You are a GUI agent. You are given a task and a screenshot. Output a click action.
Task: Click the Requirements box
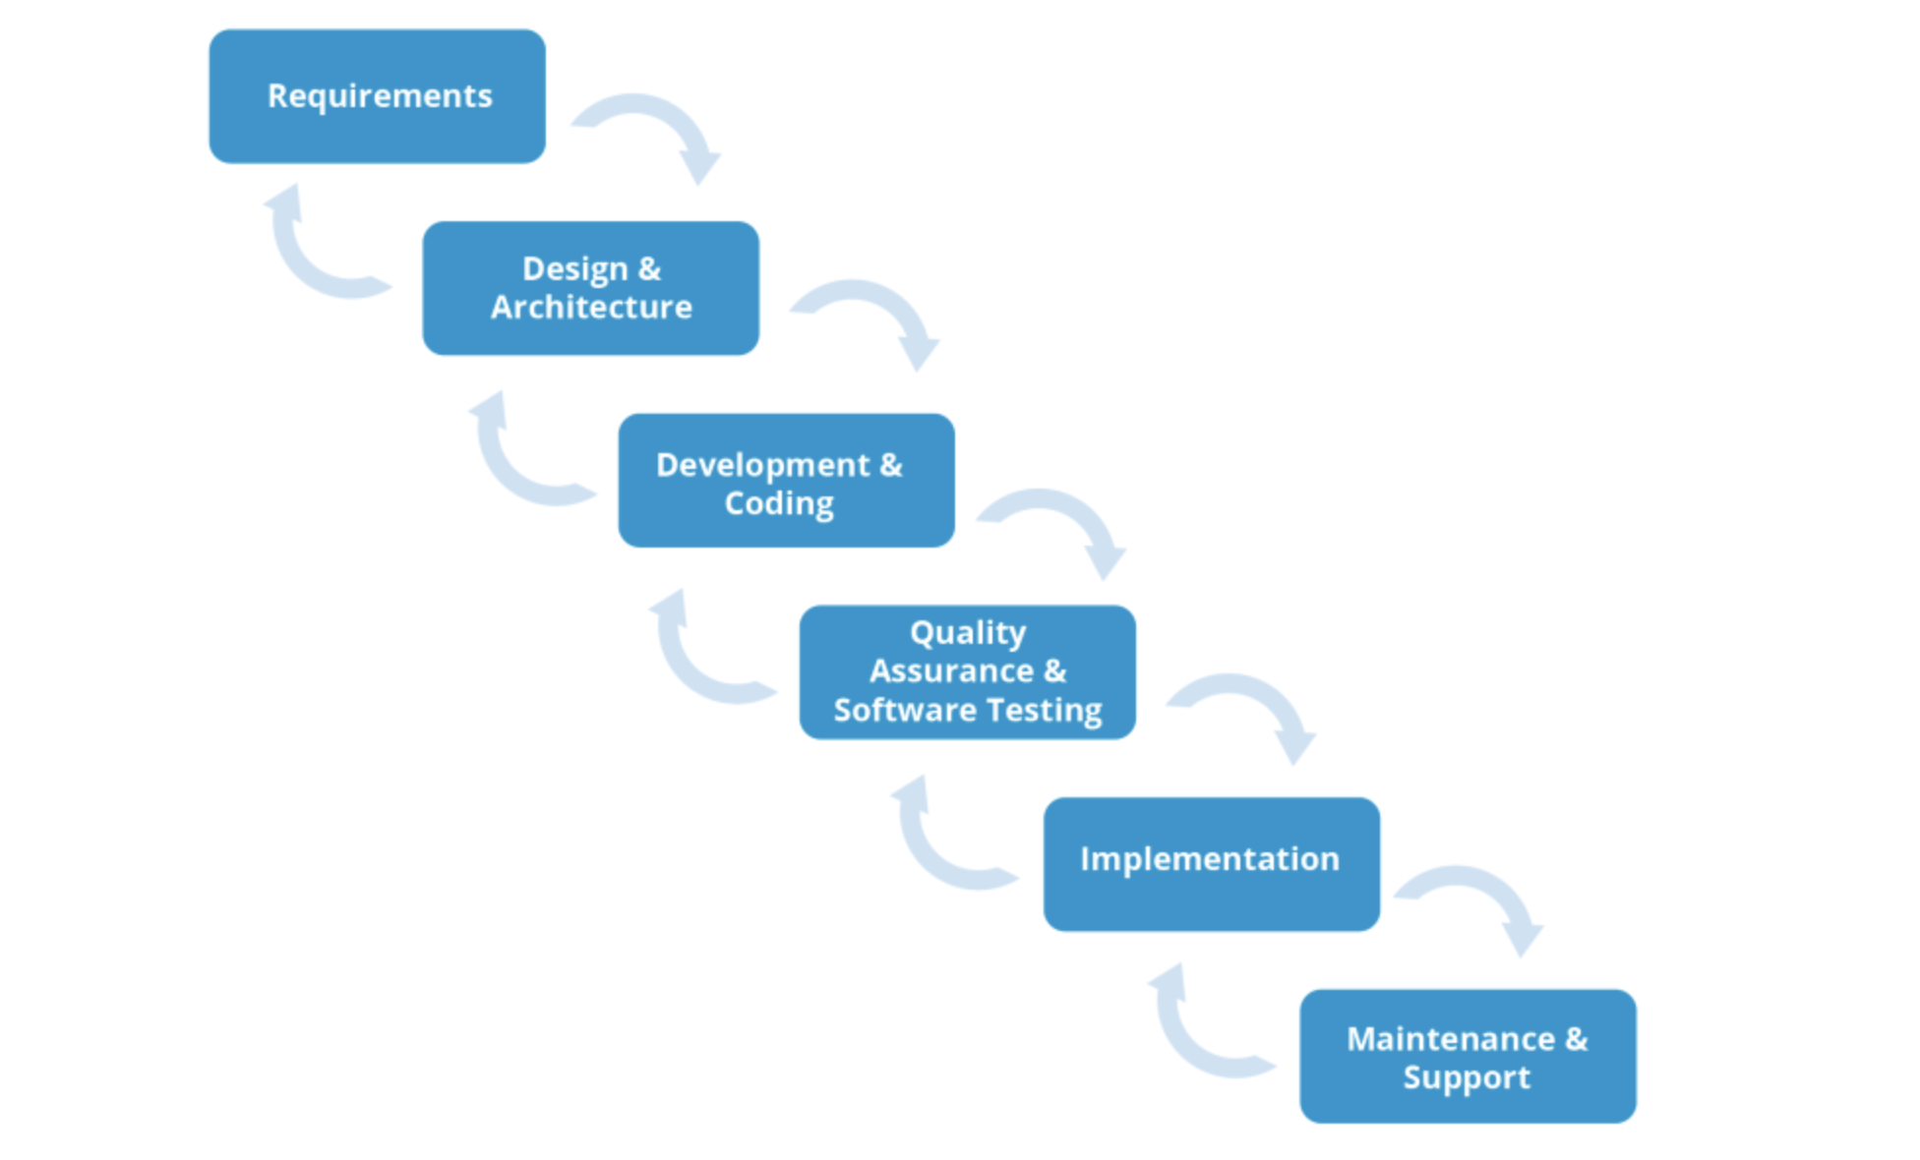377,96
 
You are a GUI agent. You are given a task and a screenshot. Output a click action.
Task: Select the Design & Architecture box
590,288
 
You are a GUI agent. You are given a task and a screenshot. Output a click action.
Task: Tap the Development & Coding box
786,480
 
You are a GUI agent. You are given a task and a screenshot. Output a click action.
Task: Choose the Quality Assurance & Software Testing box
967,671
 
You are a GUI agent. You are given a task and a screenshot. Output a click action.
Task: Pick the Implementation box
1211,863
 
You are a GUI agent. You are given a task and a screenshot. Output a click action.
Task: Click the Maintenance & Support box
1468,1056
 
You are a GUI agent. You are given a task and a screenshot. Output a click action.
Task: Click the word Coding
779,503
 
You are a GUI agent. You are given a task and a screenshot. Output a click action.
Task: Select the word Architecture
591,308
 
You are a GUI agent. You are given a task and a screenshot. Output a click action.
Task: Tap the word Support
1467,1077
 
